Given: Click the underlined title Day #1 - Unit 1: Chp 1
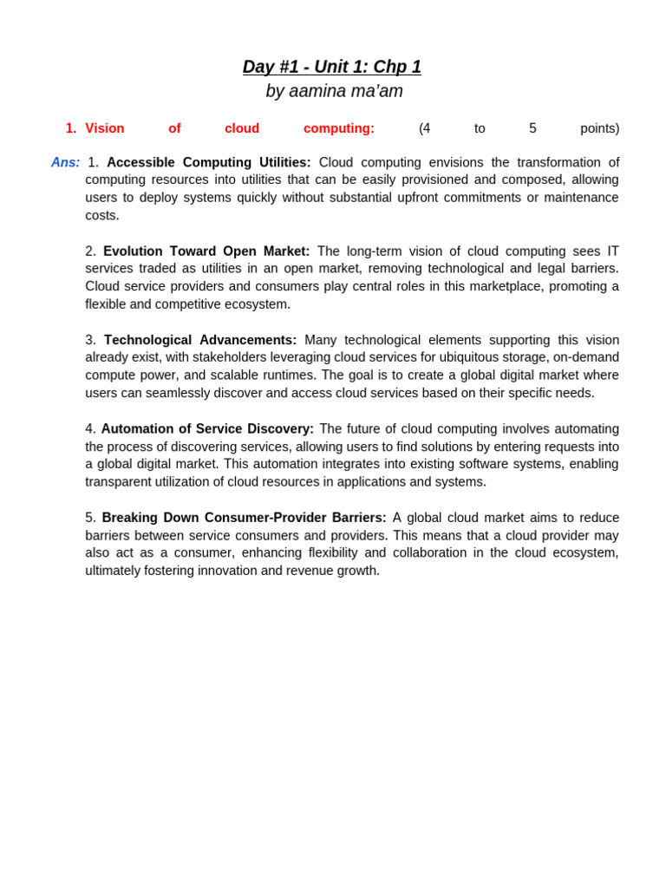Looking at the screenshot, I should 331,67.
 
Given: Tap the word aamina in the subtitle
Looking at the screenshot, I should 316,91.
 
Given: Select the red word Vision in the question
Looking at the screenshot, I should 104,128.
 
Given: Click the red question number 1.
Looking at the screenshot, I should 70,128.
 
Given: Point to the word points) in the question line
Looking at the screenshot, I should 599,128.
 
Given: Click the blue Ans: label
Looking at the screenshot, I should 65,162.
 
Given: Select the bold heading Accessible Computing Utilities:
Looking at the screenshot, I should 208,162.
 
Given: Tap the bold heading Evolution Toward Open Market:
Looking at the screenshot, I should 206,251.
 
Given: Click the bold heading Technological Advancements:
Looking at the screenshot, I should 200,340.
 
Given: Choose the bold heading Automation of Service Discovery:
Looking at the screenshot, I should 207,428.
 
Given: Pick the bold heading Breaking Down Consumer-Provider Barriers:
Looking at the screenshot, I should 244,518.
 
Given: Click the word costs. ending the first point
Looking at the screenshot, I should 102,215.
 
